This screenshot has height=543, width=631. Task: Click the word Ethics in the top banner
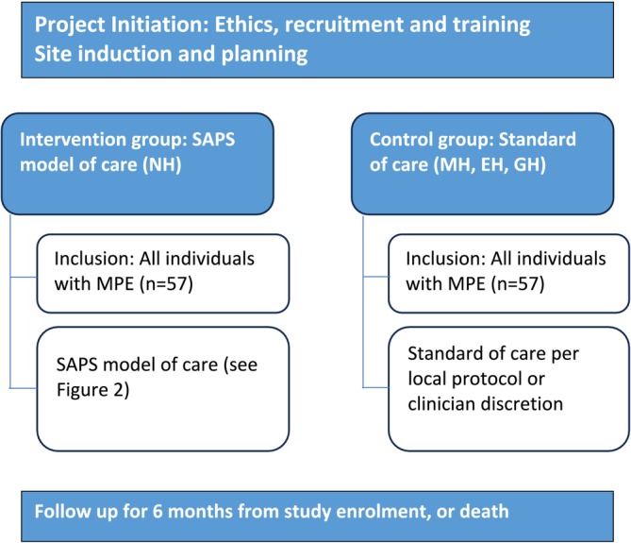(247, 25)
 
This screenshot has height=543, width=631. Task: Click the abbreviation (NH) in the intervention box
(162, 164)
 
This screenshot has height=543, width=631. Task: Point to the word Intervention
(73, 140)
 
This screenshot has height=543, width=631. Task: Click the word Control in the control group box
(401, 140)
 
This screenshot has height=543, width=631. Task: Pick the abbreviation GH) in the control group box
(529, 164)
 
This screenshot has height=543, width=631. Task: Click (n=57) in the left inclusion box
(166, 283)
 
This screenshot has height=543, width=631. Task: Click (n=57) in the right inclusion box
(518, 283)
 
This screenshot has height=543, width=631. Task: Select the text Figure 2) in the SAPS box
(93, 390)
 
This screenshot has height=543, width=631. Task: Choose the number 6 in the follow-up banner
(158, 511)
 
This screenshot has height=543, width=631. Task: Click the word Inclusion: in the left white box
(94, 259)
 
